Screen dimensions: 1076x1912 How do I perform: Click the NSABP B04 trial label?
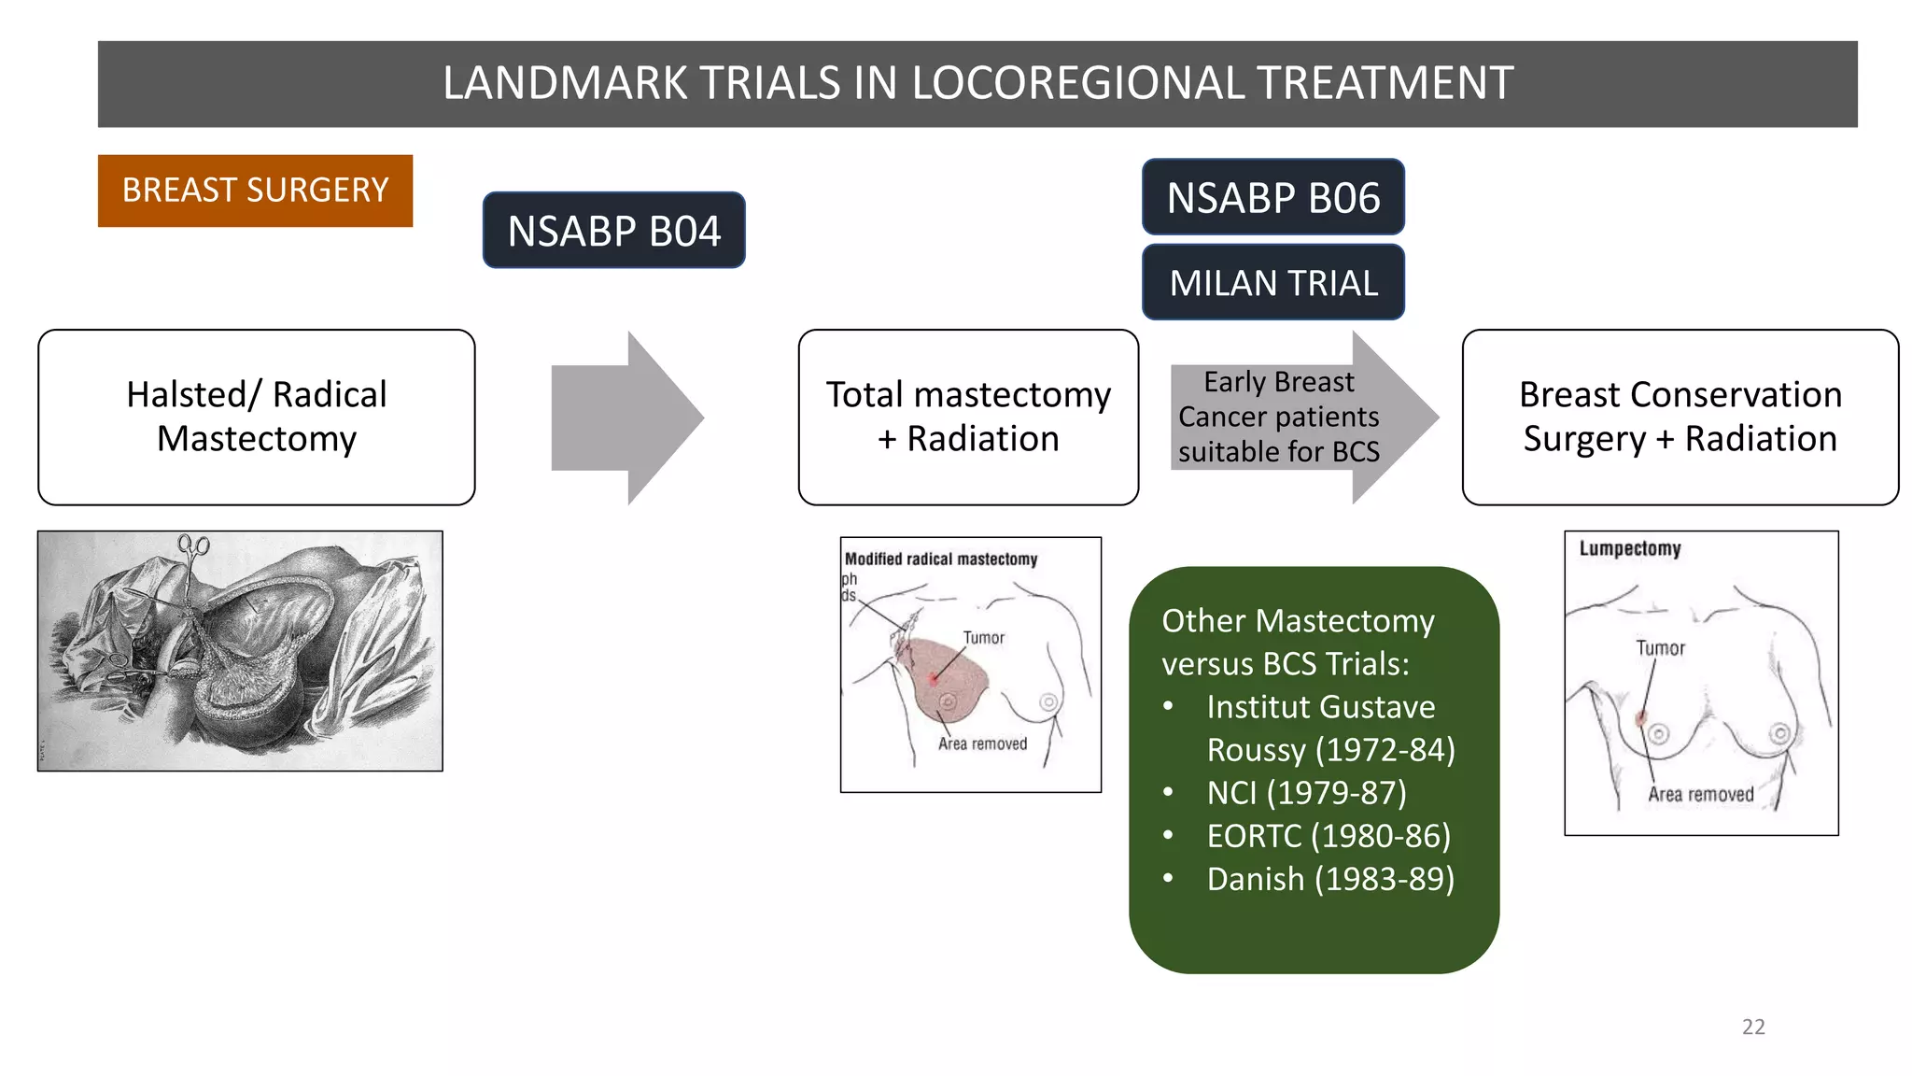613,231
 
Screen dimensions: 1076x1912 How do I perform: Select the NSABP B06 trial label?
1272,197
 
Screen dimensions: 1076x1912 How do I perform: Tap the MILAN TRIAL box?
1272,283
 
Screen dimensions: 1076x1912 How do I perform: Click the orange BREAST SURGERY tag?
255,191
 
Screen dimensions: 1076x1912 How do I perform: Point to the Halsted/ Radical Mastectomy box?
257,417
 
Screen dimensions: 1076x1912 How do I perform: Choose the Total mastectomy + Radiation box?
968,417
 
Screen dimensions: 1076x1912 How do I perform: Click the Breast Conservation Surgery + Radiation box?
1680,417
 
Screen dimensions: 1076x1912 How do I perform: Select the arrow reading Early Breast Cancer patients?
1278,417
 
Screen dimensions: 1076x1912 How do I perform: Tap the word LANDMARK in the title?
565,83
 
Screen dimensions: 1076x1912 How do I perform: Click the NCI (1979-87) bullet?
1305,793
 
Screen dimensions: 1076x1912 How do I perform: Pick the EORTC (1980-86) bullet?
1328,836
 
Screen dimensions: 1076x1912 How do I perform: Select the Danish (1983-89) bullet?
1329,879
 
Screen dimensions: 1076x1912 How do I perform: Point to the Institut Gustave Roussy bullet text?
1320,707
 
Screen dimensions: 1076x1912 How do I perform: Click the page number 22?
1753,1026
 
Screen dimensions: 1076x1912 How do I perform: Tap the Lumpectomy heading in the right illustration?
1630,548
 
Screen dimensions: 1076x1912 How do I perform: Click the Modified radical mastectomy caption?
941,559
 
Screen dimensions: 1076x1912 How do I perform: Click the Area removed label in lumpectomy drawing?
1700,794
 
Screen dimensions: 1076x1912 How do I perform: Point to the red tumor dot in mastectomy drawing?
933,678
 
